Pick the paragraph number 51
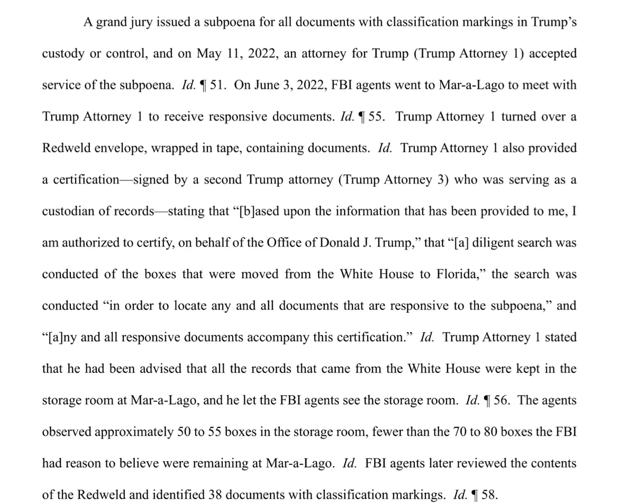click(217, 86)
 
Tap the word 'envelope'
click(117, 149)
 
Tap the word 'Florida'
click(457, 274)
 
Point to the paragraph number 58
click(489, 495)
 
